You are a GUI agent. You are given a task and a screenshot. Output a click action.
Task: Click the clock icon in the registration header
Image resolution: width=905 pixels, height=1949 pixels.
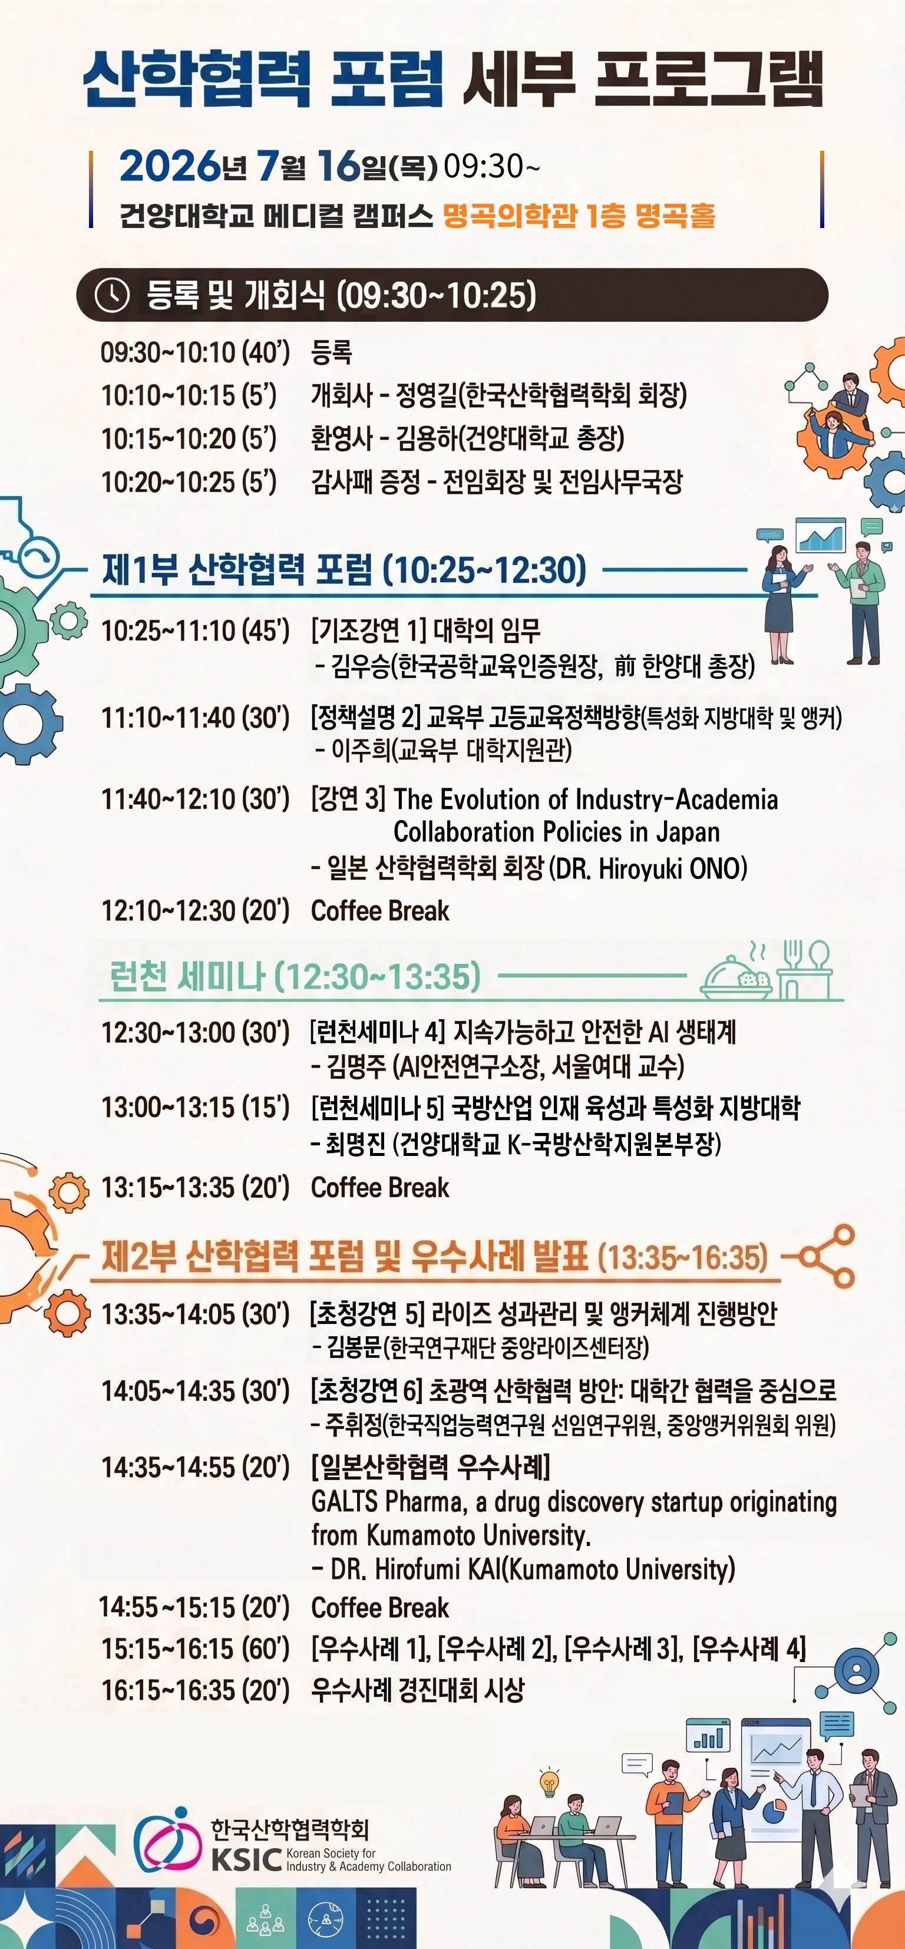coord(112,295)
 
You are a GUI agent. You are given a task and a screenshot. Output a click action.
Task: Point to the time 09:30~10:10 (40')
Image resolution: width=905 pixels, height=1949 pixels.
coord(195,352)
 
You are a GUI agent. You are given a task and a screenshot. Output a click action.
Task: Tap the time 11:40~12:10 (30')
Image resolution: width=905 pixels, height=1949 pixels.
coord(195,799)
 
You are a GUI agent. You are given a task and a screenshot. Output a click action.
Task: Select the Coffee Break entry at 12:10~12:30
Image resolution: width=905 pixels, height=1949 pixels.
coord(380,910)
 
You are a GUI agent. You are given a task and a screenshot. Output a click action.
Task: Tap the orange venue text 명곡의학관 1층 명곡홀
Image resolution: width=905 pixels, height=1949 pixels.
coord(579,216)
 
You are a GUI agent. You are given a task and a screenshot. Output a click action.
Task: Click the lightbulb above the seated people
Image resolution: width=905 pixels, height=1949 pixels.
coord(549,1782)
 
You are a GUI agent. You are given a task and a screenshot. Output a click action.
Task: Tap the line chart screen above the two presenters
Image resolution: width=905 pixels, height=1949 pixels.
coord(821,536)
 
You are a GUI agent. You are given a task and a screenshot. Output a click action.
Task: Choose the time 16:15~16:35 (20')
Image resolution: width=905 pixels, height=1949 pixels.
coord(195,1690)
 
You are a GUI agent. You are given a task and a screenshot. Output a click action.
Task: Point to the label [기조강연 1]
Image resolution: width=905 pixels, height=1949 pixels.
coord(368,629)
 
